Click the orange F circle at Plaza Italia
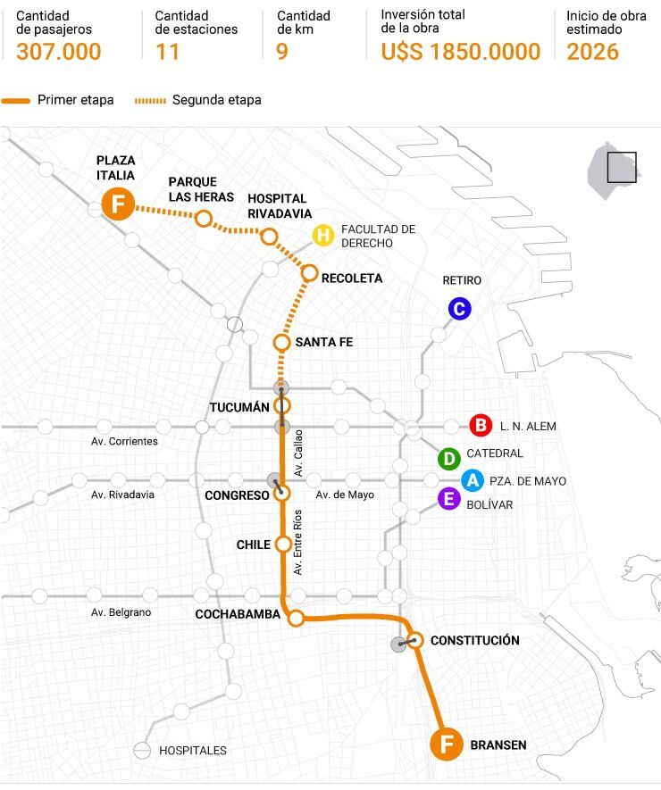[x=117, y=204]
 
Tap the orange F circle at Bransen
[x=447, y=744]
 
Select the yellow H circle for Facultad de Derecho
[x=323, y=236]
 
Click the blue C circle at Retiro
[x=459, y=309]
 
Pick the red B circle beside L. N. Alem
[x=481, y=426]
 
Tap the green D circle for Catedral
[x=448, y=459]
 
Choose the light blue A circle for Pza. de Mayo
[x=473, y=480]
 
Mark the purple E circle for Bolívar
[x=448, y=500]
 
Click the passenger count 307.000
[x=59, y=52]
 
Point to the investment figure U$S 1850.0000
[x=460, y=52]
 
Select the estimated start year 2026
[x=592, y=52]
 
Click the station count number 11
[x=167, y=52]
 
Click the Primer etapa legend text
[x=76, y=100]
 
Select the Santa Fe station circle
[x=281, y=342]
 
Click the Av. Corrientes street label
[x=124, y=441]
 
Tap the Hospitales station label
[x=192, y=751]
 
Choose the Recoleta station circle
[x=310, y=273]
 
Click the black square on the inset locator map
[x=621, y=167]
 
